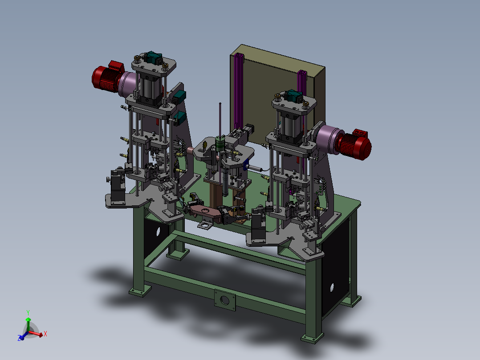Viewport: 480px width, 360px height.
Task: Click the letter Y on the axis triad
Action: click(x=28, y=313)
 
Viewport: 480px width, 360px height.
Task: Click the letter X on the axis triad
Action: click(x=45, y=334)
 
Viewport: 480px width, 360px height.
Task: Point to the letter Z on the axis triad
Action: click(x=19, y=338)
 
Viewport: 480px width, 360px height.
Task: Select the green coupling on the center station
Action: click(x=220, y=144)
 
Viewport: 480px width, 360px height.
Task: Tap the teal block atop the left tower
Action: click(x=153, y=57)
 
